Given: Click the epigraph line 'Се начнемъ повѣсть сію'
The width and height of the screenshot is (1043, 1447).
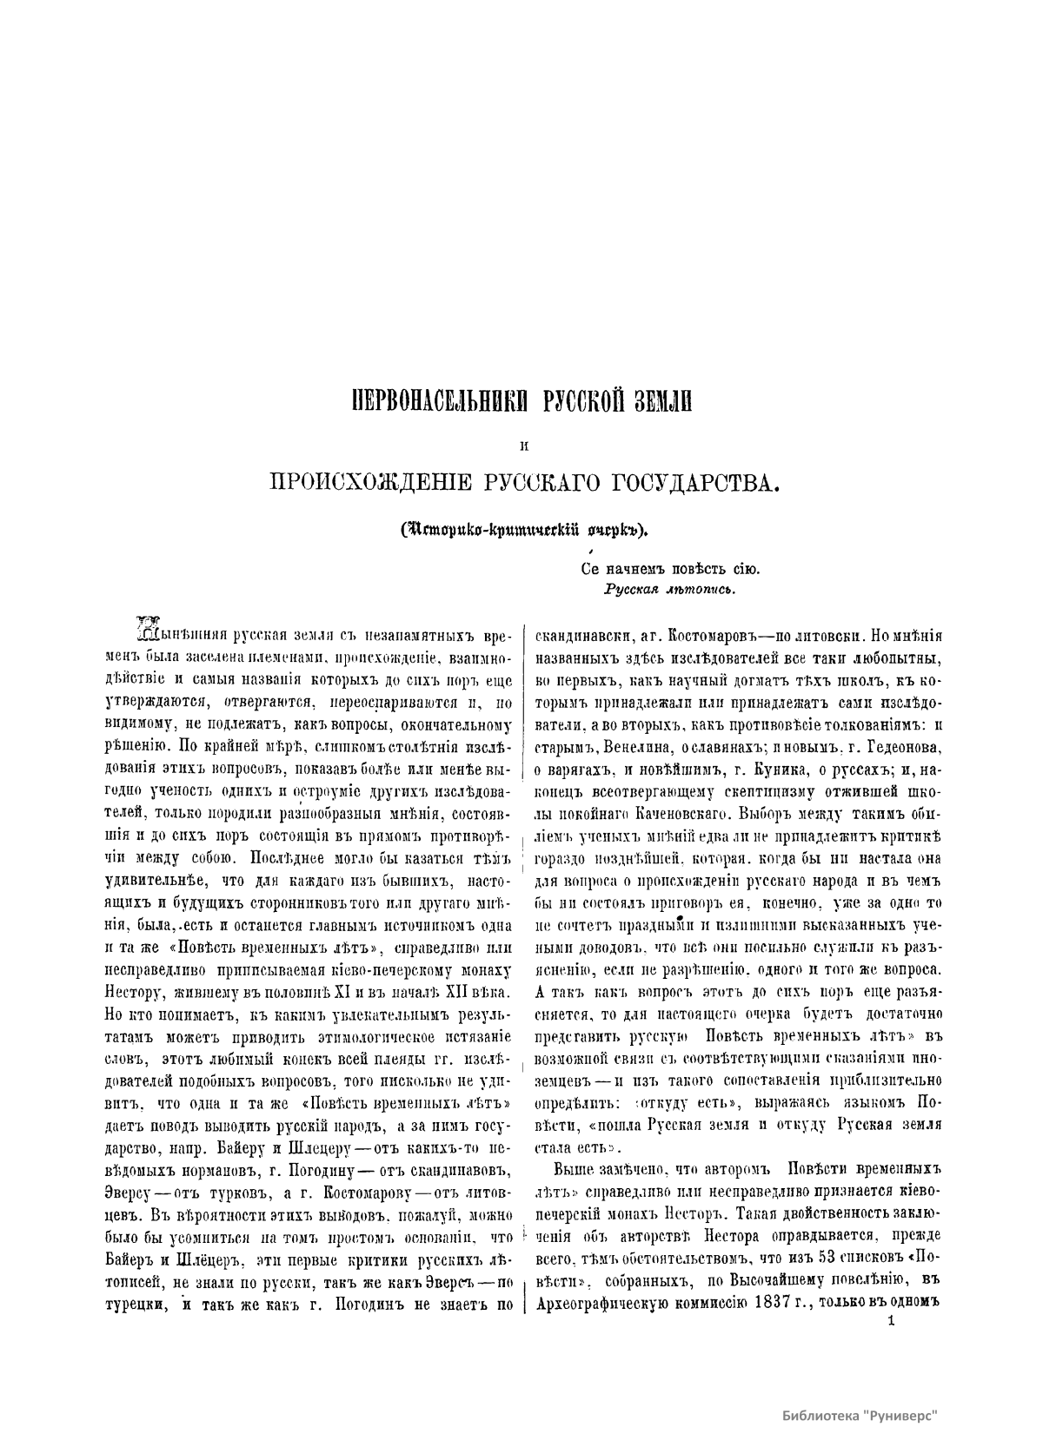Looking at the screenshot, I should (x=670, y=570).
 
